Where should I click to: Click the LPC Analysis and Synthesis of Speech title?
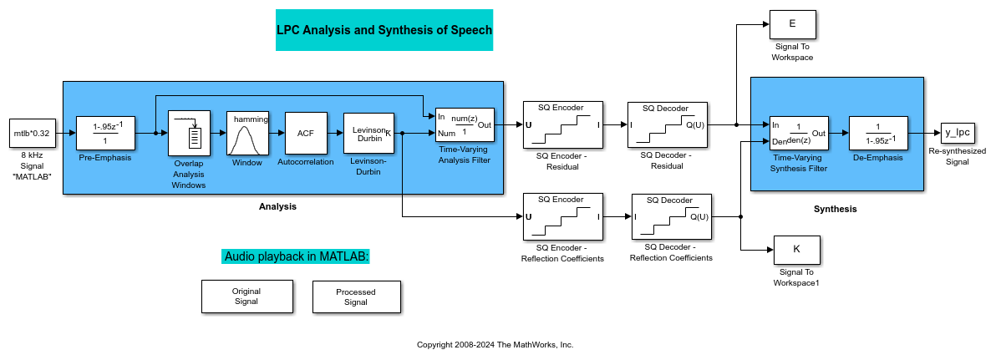[384, 30]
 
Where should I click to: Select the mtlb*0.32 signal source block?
[31, 133]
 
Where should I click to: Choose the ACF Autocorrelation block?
[305, 132]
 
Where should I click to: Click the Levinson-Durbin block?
[368, 132]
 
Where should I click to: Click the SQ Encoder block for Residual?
[562, 125]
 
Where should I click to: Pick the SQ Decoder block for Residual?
[667, 125]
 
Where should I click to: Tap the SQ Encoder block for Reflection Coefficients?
[562, 216]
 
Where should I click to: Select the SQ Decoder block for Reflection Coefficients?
[672, 216]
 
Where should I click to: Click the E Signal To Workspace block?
[792, 25]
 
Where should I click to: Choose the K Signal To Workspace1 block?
[796, 250]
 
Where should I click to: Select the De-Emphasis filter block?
[883, 132]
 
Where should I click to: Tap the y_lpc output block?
[956, 132]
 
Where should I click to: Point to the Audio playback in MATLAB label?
[296, 256]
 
